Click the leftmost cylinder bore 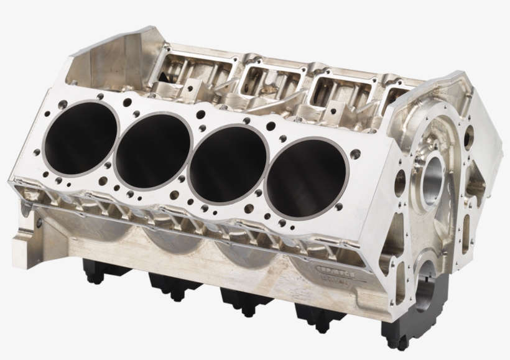coord(80,137)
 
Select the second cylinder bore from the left coord(154,150)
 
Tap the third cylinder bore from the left coord(228,164)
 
